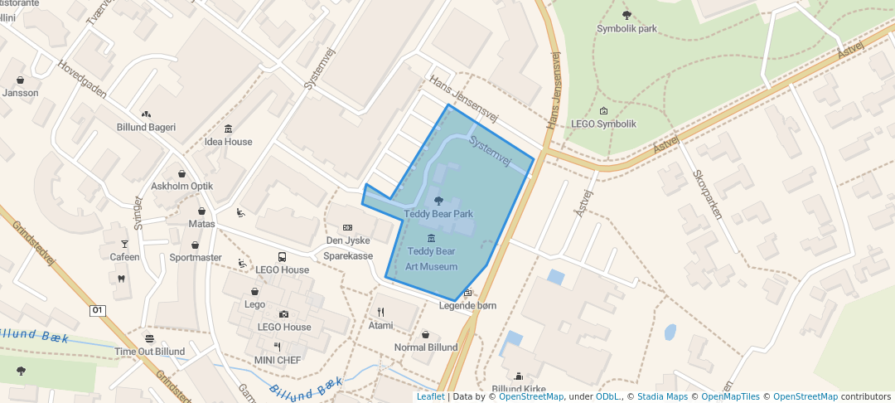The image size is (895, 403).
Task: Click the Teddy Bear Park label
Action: coord(438,214)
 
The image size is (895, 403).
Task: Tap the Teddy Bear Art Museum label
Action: coord(431,259)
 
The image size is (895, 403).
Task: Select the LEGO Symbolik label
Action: coord(603,124)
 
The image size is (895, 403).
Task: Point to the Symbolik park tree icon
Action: coord(626,14)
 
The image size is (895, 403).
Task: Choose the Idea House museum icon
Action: coord(228,128)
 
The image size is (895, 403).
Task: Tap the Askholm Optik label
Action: coord(181,187)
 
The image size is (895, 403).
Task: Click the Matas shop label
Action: coord(201,224)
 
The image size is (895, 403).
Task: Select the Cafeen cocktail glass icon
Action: coord(125,243)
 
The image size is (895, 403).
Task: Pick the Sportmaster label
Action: coord(196,258)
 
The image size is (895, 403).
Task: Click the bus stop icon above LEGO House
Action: coord(282,257)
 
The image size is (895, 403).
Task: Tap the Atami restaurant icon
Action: coord(380,312)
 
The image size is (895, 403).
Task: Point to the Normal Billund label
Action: coord(426,347)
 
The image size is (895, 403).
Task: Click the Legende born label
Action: coord(467,306)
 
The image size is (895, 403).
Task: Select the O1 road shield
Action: coord(98,310)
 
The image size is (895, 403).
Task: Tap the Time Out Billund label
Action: coord(149,352)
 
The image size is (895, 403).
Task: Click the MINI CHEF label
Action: coord(278,361)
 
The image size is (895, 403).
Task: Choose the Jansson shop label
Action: coord(20,93)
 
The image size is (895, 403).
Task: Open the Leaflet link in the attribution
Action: coord(430,396)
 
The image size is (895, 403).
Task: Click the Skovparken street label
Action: coord(707,195)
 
